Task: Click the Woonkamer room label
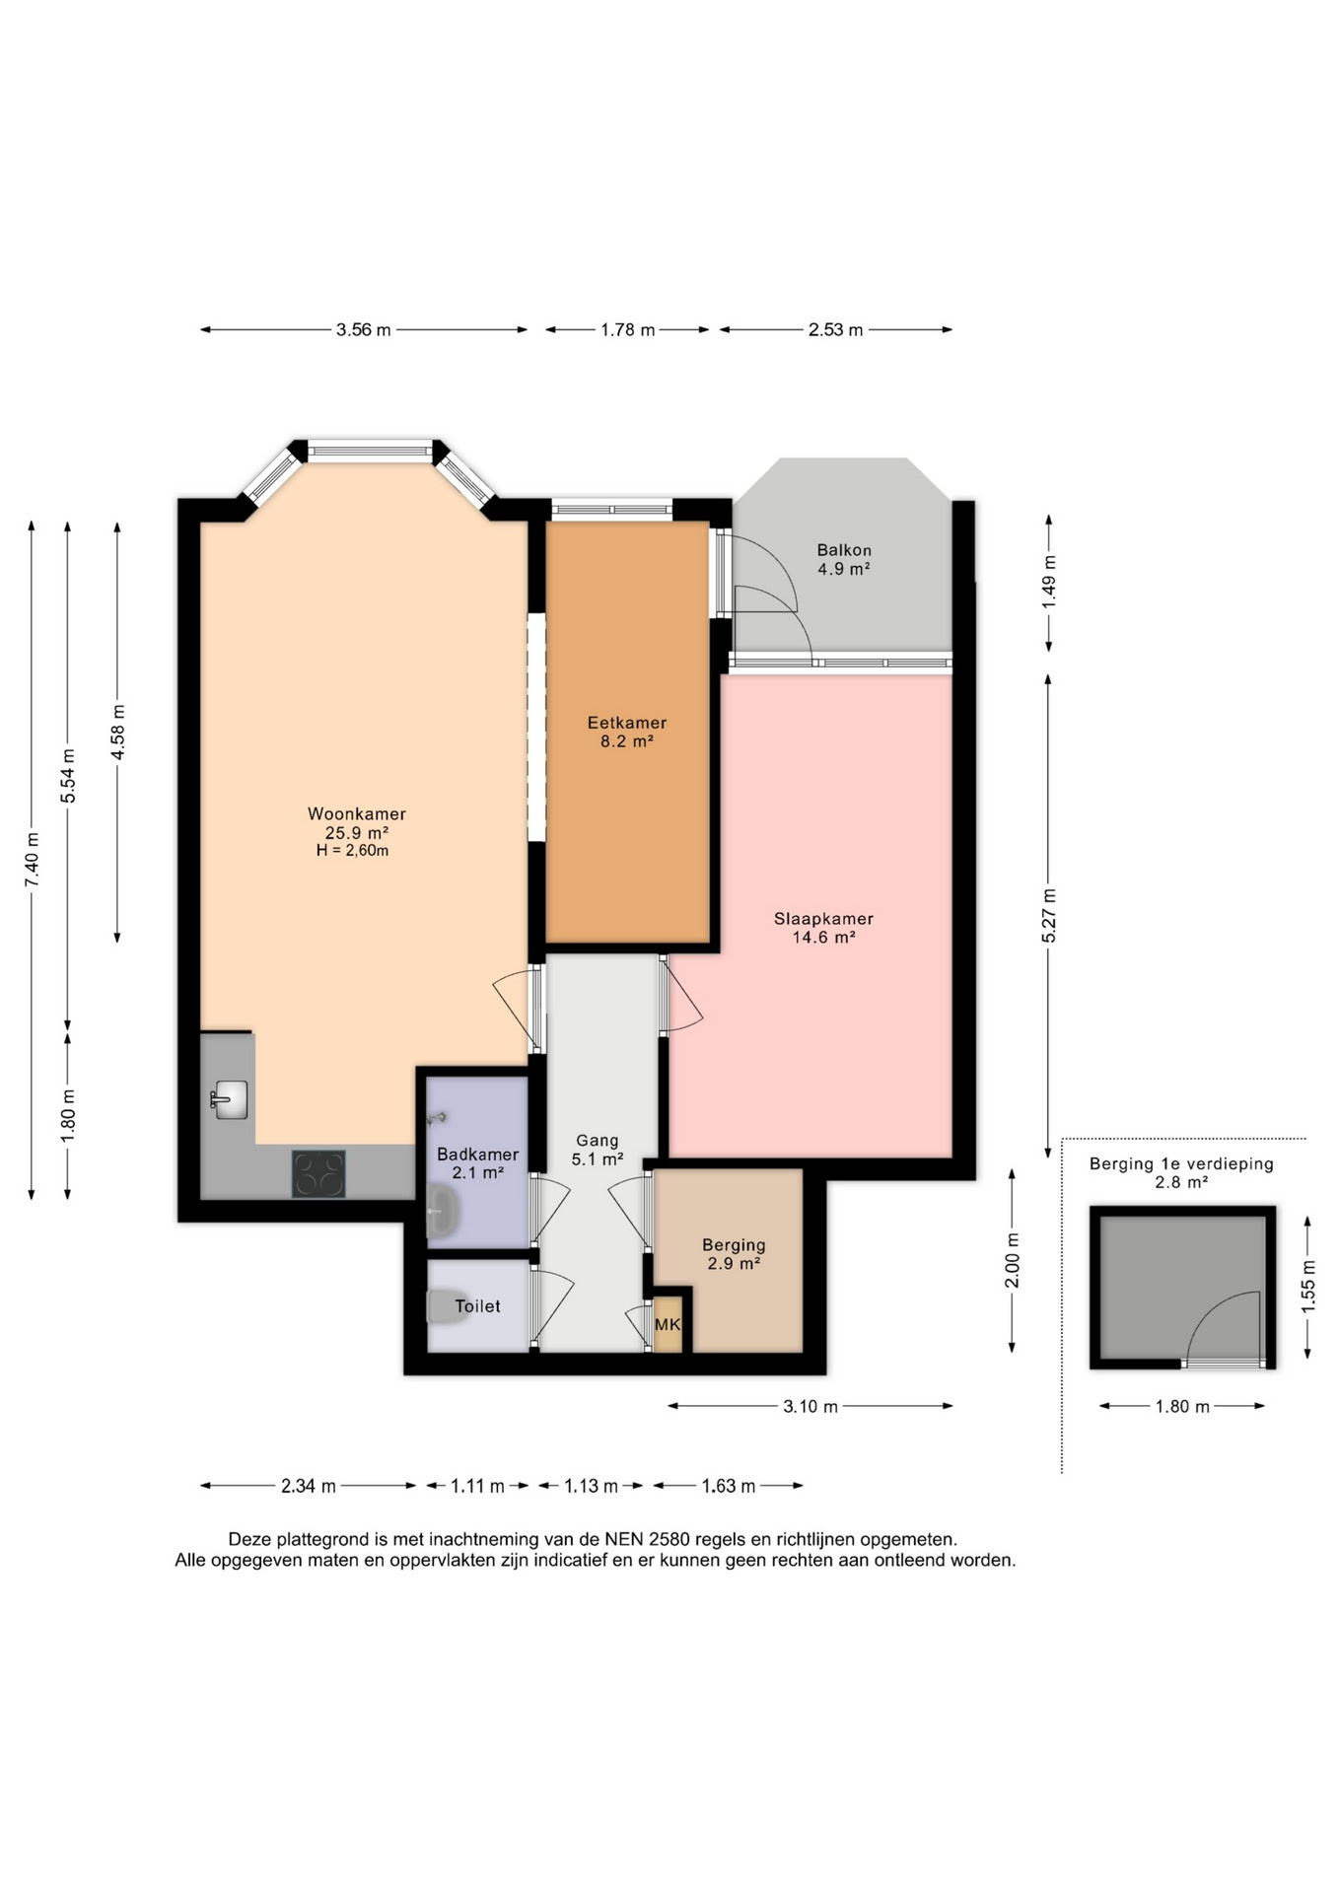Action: click(356, 813)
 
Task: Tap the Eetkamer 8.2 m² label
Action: click(627, 732)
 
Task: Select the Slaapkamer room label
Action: click(823, 919)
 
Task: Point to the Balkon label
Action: click(844, 550)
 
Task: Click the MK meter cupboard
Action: click(668, 1324)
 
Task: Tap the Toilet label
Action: click(477, 1306)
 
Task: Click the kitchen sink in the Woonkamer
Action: click(230, 1099)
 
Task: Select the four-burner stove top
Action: click(318, 1173)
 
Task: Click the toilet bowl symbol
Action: click(448, 1306)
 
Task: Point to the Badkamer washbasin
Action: click(443, 1211)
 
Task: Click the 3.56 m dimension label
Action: click(363, 330)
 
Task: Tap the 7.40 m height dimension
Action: click(33, 859)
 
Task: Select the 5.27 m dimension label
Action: click(1049, 916)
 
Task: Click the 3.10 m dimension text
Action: click(810, 1407)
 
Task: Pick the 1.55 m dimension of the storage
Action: click(1308, 1286)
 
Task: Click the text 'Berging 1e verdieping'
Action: click(1181, 1164)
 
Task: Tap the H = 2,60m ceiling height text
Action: click(352, 851)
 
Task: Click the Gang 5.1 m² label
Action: click(597, 1150)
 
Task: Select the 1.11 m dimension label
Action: click(477, 1486)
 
